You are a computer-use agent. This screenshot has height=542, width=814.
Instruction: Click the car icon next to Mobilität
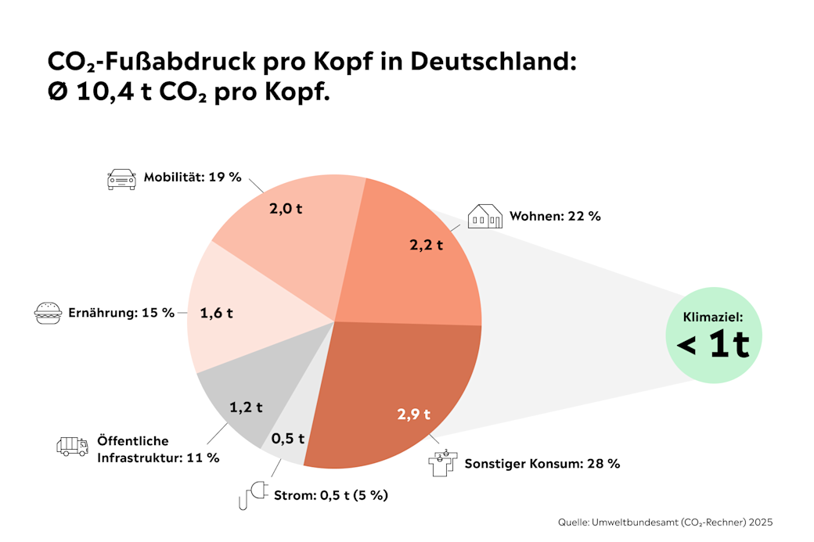(x=121, y=178)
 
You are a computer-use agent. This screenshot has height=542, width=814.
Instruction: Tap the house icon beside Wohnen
(x=484, y=216)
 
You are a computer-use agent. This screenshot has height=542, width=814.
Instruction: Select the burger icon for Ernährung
(x=49, y=313)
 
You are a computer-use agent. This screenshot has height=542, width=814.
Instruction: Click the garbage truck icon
(x=72, y=446)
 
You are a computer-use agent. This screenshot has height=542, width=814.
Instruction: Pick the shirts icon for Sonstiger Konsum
(x=442, y=462)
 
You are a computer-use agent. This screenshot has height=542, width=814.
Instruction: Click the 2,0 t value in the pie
(x=286, y=210)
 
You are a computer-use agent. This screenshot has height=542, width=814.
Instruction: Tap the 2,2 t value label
(x=426, y=245)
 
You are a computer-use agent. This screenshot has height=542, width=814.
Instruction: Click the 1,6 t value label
(x=217, y=313)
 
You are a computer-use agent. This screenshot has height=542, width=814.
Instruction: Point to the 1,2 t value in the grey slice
(x=246, y=407)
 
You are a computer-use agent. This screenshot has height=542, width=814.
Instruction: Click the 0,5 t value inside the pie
(x=287, y=438)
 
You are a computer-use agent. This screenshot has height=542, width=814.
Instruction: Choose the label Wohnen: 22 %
(x=555, y=216)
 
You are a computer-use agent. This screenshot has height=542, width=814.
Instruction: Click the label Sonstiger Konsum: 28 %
(x=542, y=463)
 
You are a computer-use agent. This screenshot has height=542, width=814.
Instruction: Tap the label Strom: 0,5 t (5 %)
(x=330, y=495)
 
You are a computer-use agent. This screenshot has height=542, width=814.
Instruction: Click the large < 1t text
(x=712, y=344)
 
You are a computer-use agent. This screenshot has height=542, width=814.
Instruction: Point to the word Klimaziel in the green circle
(x=712, y=318)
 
